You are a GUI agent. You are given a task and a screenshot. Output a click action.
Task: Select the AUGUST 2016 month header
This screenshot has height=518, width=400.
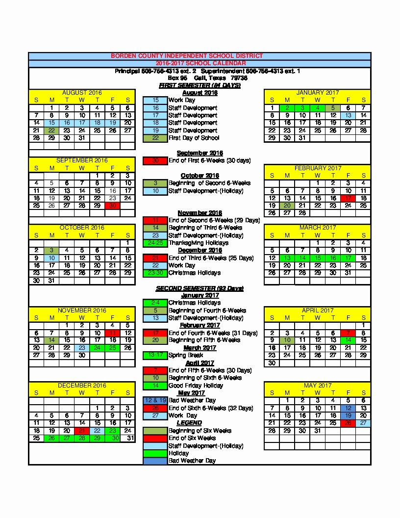(x=82, y=93)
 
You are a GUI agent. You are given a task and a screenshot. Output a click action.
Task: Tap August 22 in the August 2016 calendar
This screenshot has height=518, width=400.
(x=51, y=130)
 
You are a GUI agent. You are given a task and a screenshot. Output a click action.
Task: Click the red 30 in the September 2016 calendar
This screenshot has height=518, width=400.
(x=112, y=206)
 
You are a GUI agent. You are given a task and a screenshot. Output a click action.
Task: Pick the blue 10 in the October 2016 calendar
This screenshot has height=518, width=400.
(x=51, y=258)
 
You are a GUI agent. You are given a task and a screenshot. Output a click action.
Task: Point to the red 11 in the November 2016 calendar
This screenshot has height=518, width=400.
(x=112, y=333)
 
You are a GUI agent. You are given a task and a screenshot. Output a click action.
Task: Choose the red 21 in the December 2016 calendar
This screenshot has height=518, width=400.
(x=82, y=431)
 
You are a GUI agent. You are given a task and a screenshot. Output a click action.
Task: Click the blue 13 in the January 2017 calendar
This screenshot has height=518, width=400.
(x=348, y=115)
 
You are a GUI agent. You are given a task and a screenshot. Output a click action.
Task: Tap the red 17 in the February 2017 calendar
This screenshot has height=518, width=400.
(x=348, y=198)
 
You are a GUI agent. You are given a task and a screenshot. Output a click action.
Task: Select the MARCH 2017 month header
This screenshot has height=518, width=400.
(x=318, y=228)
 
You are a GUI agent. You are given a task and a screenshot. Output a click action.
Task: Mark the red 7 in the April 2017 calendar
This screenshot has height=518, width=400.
(x=348, y=333)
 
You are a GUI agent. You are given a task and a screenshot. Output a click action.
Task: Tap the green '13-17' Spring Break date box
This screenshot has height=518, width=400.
(x=155, y=355)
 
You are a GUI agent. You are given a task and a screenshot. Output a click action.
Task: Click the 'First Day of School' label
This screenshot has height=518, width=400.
(x=194, y=138)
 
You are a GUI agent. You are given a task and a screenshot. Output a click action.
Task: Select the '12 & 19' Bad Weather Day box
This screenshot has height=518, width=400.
(x=155, y=400)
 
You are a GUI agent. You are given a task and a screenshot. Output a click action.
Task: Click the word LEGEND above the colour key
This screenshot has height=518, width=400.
(x=189, y=423)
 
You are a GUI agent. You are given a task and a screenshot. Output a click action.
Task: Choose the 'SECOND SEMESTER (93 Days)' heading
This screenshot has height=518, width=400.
(x=200, y=288)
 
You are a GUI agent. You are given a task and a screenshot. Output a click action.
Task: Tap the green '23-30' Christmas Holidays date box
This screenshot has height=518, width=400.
(x=155, y=273)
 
